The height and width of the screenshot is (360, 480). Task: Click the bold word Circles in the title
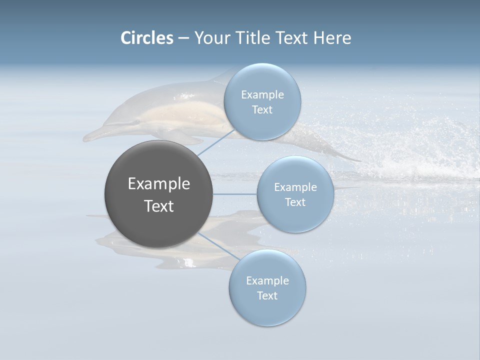(147, 38)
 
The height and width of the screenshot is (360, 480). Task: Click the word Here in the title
(332, 38)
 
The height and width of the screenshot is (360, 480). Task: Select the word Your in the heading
(211, 38)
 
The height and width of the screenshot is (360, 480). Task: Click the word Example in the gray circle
(159, 184)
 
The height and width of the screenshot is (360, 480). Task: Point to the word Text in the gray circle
(159, 206)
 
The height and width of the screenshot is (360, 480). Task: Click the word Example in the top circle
(262, 95)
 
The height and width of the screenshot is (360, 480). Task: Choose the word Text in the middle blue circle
(295, 202)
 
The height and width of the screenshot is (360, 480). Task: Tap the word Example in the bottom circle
(267, 281)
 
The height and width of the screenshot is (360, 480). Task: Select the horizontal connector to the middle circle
(234, 193)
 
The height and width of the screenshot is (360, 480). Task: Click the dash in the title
(183, 38)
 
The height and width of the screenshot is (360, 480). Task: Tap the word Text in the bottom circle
(267, 296)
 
